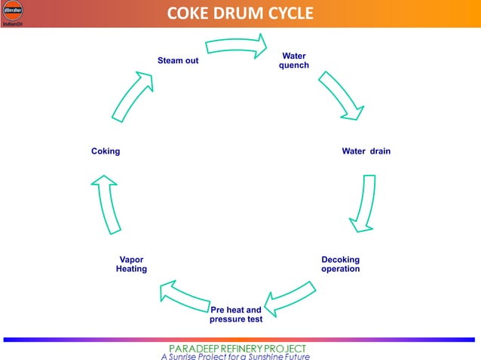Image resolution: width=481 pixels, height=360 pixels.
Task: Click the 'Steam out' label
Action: (x=178, y=60)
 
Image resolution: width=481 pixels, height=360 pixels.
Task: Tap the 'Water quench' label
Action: (x=294, y=60)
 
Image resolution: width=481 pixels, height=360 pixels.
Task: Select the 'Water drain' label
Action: (x=366, y=151)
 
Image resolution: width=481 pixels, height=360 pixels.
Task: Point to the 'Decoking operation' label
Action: (x=341, y=264)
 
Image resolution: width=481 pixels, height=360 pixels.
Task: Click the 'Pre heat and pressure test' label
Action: (x=236, y=315)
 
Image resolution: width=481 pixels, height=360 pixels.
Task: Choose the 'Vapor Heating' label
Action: (x=131, y=264)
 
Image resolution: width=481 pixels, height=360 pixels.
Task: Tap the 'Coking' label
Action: (x=106, y=151)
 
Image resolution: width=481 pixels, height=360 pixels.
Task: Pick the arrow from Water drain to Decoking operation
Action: (x=363, y=203)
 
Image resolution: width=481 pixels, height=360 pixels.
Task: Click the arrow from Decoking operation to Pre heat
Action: (x=290, y=298)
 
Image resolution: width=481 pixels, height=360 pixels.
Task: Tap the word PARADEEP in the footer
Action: (x=195, y=349)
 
